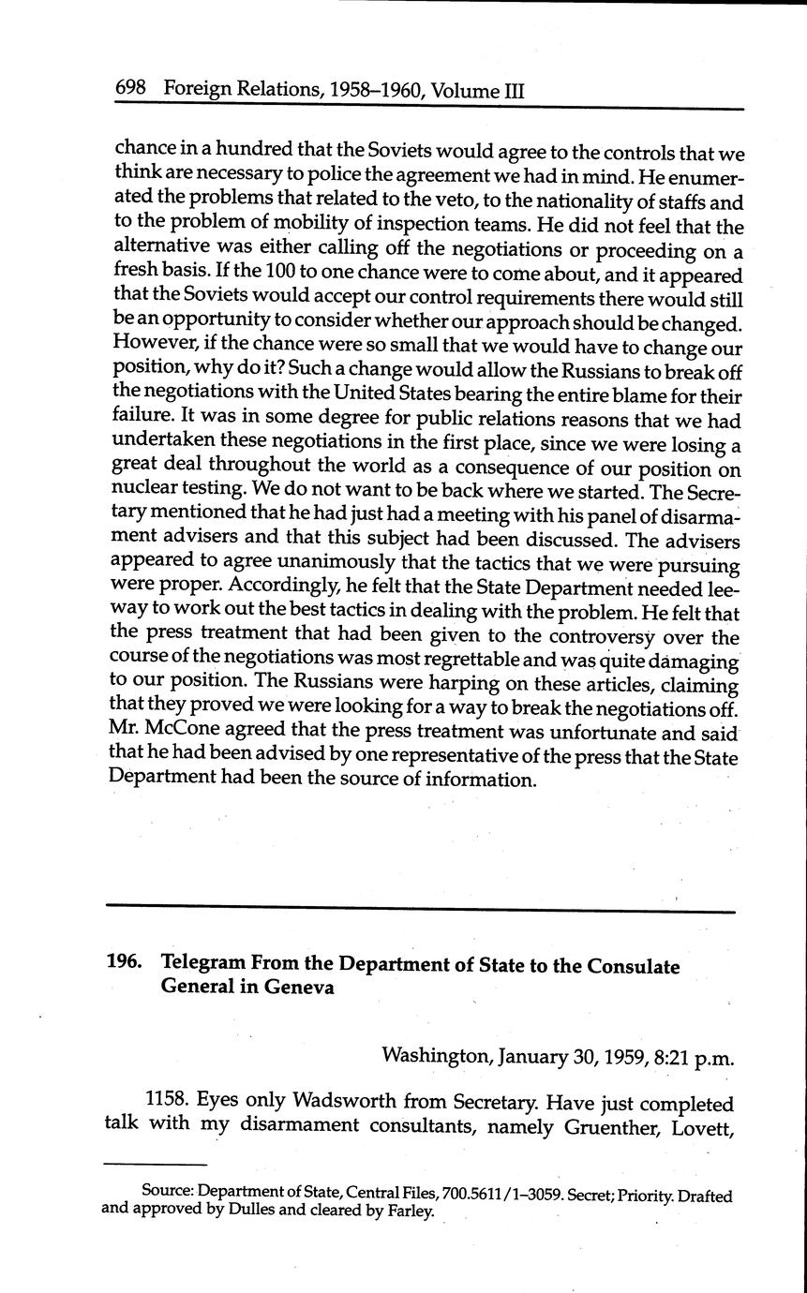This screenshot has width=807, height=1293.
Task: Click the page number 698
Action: pos(129,90)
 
